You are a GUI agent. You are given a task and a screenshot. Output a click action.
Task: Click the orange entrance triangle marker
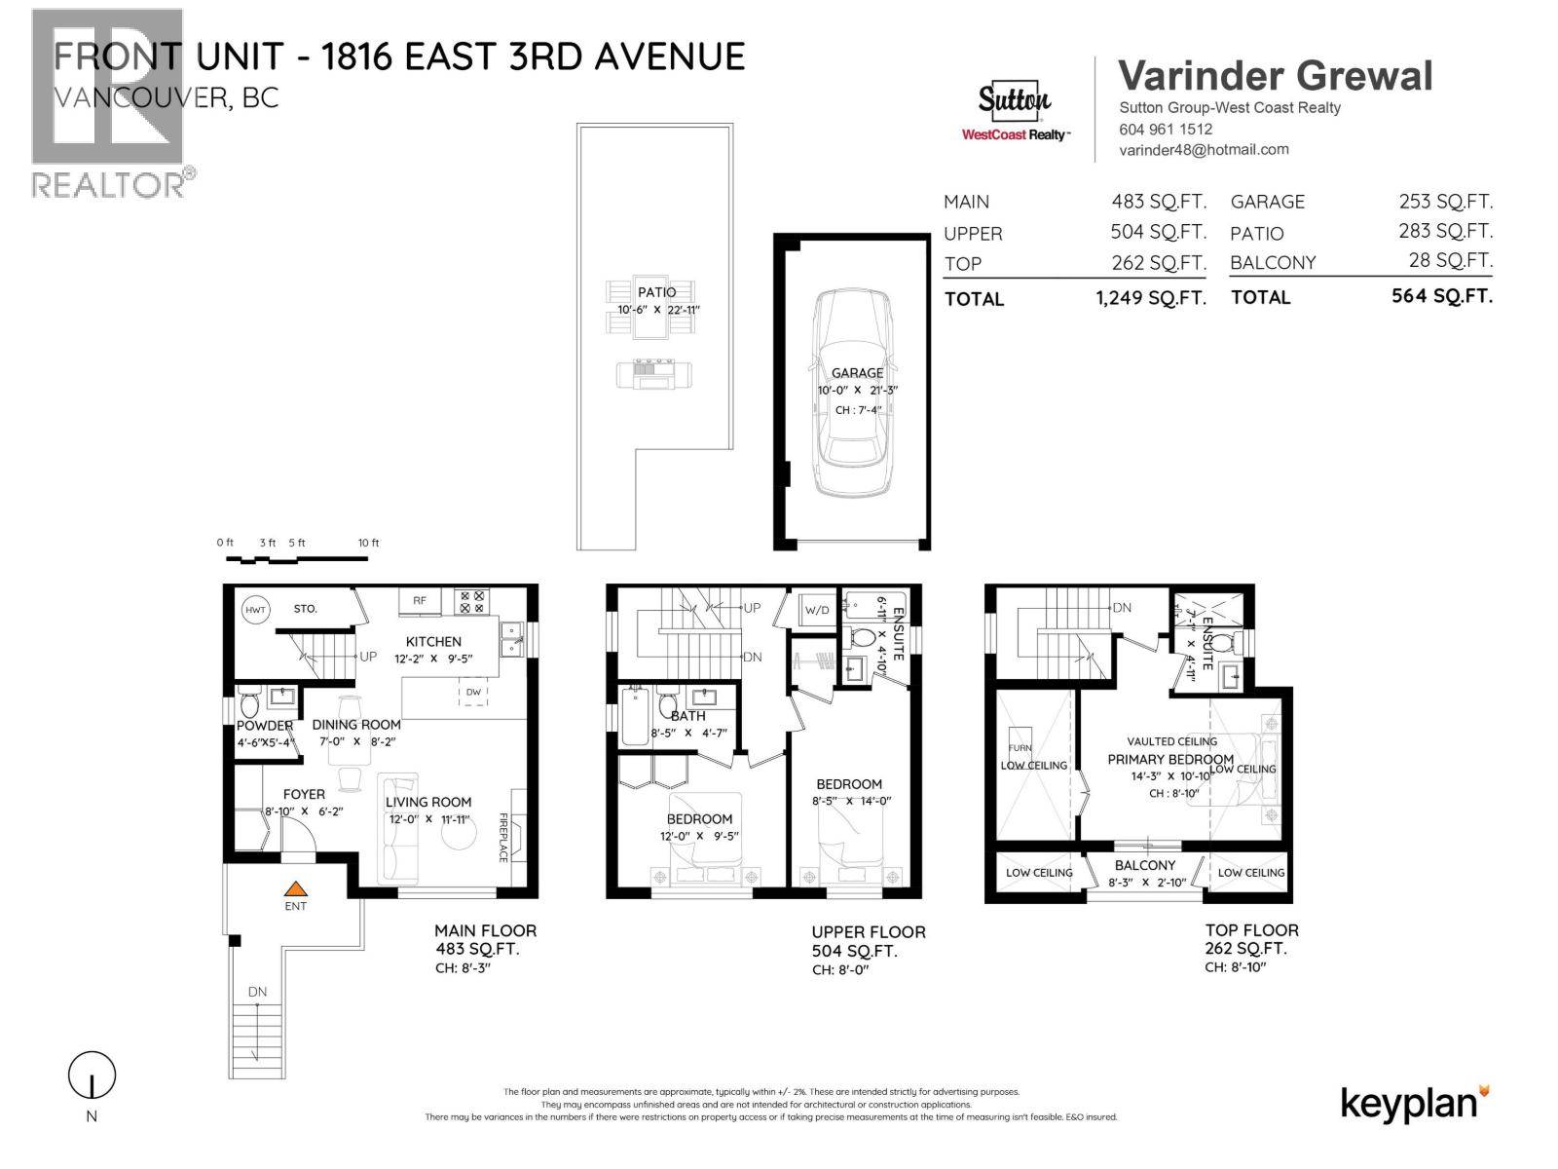point(295,888)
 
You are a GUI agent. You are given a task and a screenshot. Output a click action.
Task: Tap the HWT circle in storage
point(255,609)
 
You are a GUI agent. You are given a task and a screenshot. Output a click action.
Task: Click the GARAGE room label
point(857,372)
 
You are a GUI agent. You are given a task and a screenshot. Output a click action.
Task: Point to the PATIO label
point(657,292)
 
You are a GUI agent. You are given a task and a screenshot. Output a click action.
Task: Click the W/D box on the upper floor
point(815,611)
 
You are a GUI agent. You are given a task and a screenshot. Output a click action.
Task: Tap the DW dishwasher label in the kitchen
point(473,692)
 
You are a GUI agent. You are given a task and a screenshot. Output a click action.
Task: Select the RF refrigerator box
point(420,601)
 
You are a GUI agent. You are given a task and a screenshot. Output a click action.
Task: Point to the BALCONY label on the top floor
point(1145,865)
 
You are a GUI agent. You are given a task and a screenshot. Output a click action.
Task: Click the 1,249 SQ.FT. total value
point(1151,298)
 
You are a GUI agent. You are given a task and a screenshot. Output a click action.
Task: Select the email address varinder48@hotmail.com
point(1204,150)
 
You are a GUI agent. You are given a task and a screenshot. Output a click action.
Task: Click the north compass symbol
point(92,1076)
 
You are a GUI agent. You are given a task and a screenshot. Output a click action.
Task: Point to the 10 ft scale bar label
point(368,543)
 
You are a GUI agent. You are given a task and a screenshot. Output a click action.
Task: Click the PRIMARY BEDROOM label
point(1169,759)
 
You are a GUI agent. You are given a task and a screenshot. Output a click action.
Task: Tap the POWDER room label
point(264,726)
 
